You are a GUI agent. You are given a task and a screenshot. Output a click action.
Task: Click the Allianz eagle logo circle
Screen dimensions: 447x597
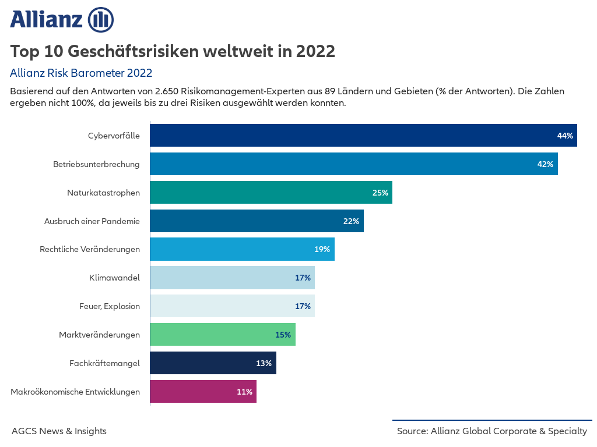pyautogui.click(x=100, y=20)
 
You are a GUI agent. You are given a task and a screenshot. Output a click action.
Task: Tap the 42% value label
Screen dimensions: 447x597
pyautogui.click(x=545, y=164)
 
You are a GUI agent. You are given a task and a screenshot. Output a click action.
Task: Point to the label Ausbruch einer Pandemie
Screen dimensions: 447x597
pyautogui.click(x=92, y=221)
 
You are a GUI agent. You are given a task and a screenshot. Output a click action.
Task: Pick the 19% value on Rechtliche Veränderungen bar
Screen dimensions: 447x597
pyautogui.click(x=322, y=249)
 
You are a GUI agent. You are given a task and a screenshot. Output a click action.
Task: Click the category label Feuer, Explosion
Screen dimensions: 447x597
pyautogui.click(x=110, y=306)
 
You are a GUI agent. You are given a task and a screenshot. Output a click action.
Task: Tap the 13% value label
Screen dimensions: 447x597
pyautogui.click(x=264, y=363)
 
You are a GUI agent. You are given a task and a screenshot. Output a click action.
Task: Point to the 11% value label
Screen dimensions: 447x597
pyautogui.click(x=244, y=392)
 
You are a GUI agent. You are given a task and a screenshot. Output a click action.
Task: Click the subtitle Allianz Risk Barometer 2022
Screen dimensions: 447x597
pyautogui.click(x=81, y=73)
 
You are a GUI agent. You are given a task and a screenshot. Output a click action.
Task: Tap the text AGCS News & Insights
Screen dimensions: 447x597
pyautogui.click(x=59, y=431)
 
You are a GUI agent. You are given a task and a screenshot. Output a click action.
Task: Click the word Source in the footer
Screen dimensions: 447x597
pyautogui.click(x=412, y=431)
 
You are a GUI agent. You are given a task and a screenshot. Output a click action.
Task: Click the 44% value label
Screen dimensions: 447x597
pyautogui.click(x=565, y=136)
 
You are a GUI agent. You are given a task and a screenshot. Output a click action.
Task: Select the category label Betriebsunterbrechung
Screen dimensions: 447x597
pyautogui.click(x=96, y=164)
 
